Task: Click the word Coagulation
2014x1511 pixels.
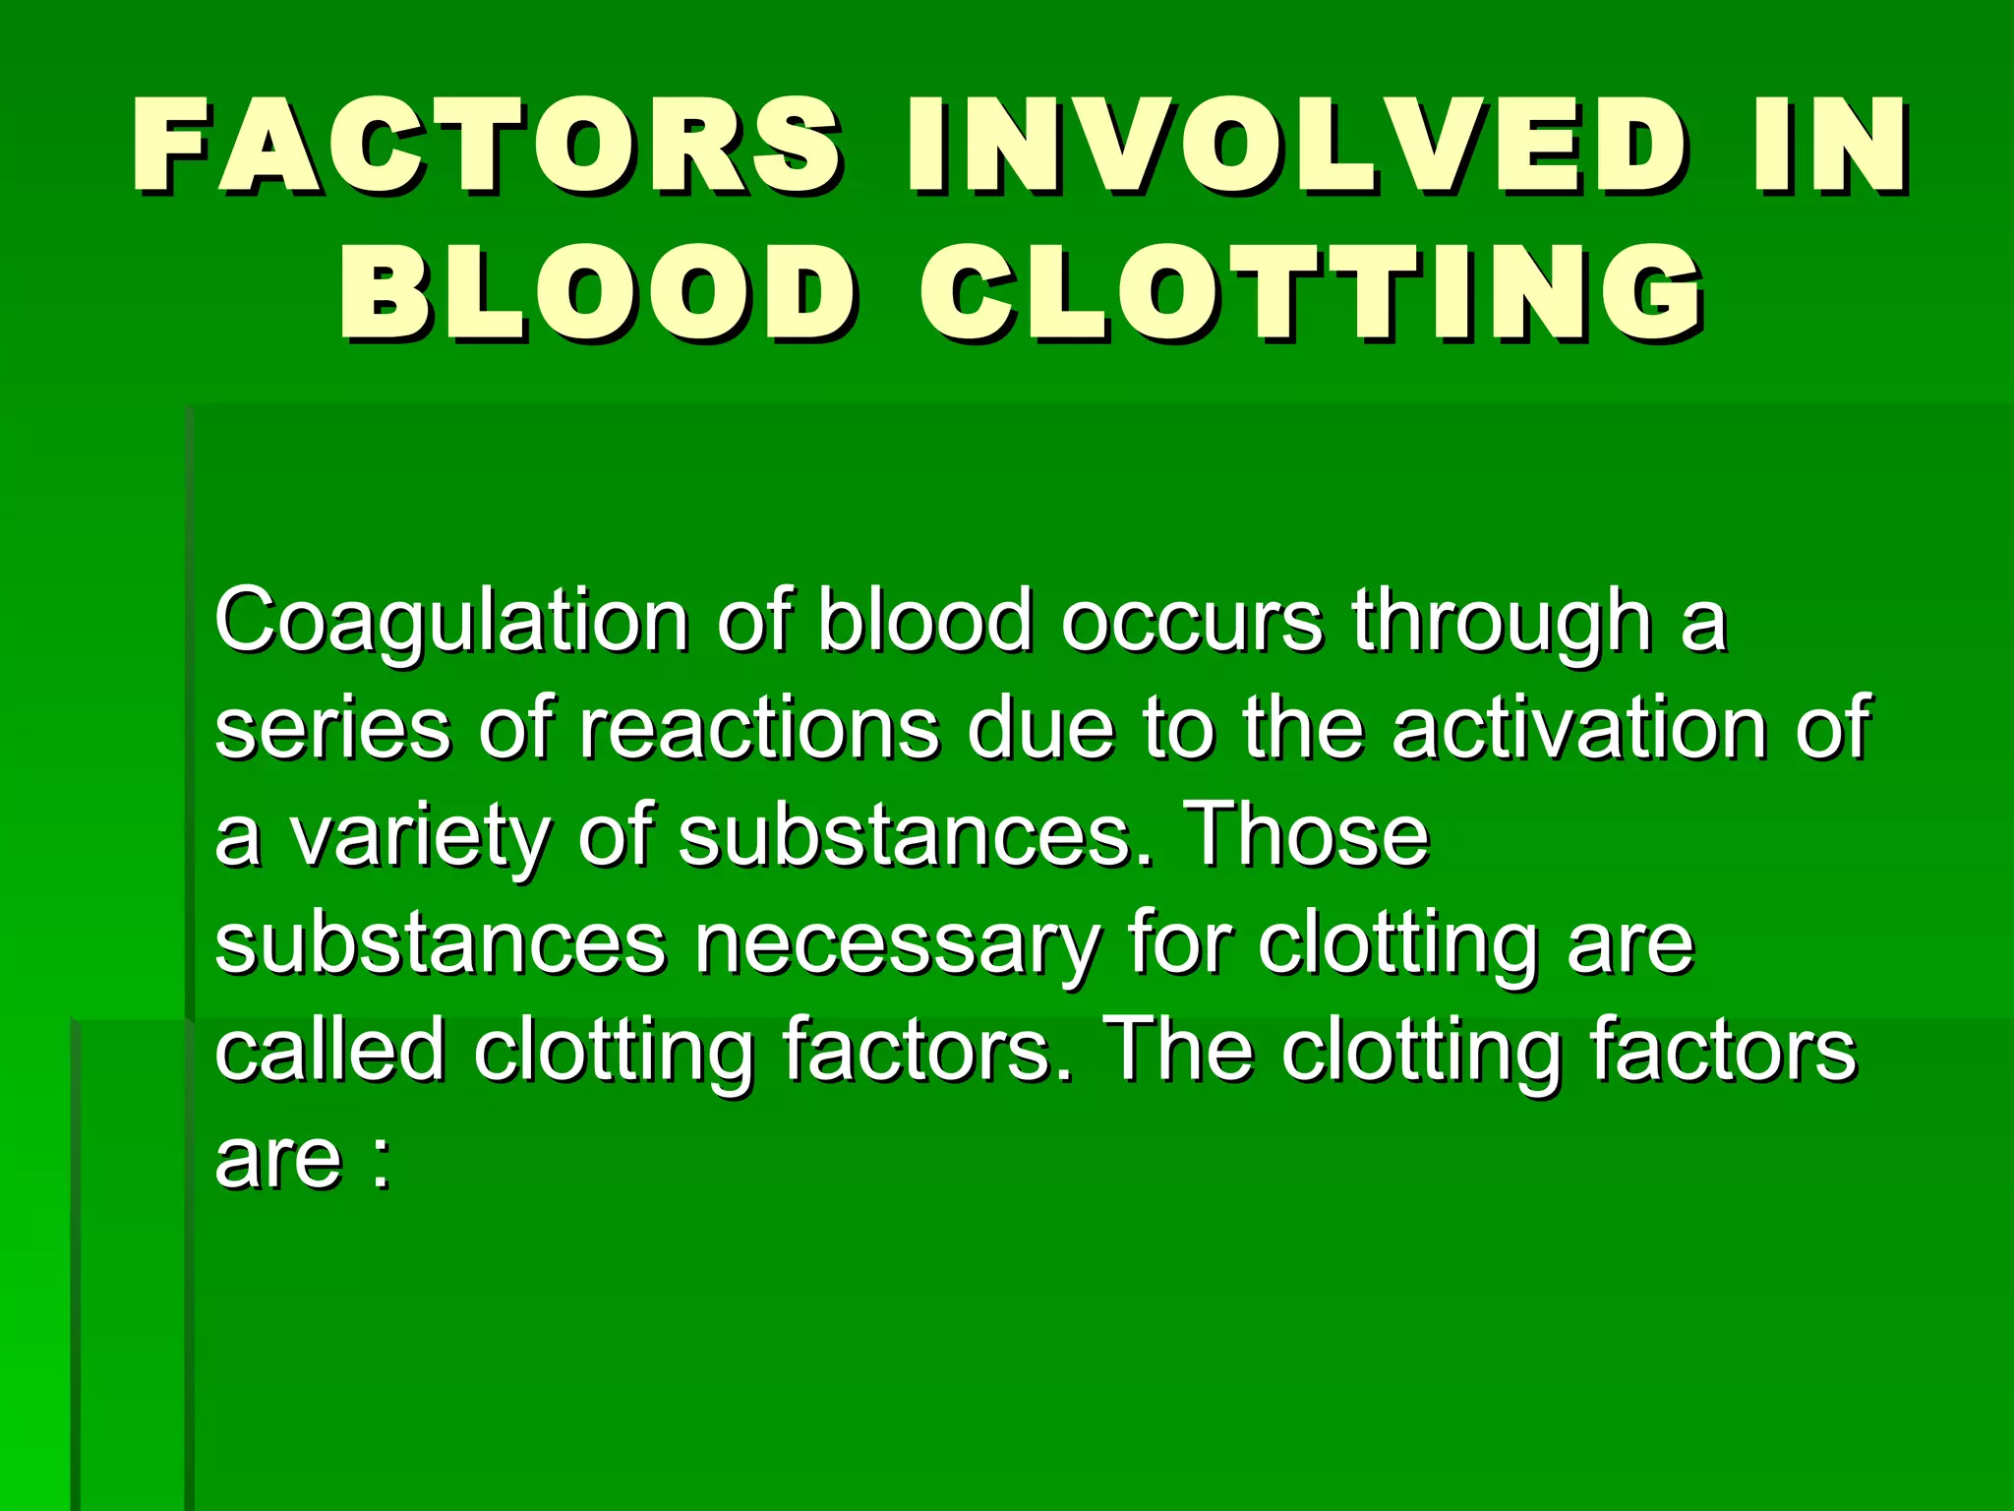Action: [451, 622]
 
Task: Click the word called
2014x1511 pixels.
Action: [329, 1050]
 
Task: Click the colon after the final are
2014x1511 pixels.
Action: [382, 1161]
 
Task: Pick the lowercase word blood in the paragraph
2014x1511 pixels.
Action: [925, 622]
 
